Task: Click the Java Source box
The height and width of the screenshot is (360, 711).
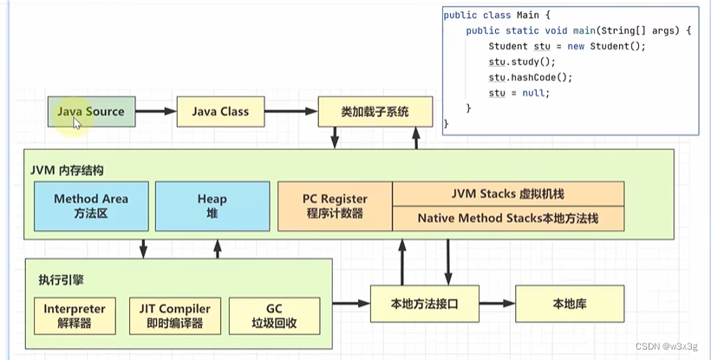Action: click(x=91, y=112)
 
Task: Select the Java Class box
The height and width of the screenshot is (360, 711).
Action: click(x=220, y=112)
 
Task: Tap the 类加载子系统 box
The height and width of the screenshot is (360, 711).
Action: click(x=375, y=112)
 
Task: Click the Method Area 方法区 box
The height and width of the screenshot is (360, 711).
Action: click(x=90, y=206)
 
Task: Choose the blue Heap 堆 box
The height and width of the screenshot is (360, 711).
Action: click(x=212, y=206)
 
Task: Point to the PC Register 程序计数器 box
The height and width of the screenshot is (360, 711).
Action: click(x=335, y=206)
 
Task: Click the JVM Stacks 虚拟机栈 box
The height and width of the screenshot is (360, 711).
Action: click(x=507, y=193)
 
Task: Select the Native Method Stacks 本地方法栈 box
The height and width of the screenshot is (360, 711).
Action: click(x=507, y=219)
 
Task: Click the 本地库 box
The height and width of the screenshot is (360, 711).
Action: click(x=570, y=304)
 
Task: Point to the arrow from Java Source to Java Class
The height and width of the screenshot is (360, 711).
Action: click(x=156, y=112)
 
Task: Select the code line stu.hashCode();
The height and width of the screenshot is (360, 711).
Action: click(x=519, y=77)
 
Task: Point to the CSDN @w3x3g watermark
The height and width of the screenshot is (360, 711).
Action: click(x=666, y=347)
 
